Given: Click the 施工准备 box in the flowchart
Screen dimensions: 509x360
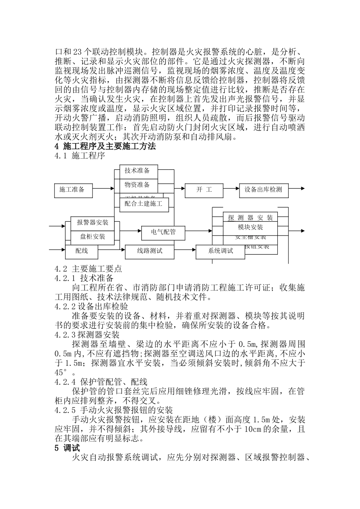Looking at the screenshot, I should pos(74,190).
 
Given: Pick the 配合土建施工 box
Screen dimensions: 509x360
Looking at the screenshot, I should pos(144,204).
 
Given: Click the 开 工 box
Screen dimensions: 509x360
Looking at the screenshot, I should pos(204,190).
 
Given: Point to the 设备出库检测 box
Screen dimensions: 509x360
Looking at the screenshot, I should pos(263,190).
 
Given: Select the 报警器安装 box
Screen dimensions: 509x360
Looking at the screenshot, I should pos(92,223).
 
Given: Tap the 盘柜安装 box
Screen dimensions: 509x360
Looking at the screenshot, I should pos(92,237).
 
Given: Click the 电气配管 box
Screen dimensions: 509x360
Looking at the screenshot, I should pos(163,232).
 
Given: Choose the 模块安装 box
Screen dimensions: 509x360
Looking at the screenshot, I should pos(250,227).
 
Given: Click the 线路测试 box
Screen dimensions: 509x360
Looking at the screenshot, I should pos(149,251).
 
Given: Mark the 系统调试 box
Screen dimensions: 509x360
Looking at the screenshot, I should pos(220,251).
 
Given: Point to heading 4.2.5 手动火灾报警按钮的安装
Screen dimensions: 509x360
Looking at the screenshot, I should pos(114,410).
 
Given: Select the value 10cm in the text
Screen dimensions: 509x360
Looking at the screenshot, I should pos(253,429).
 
